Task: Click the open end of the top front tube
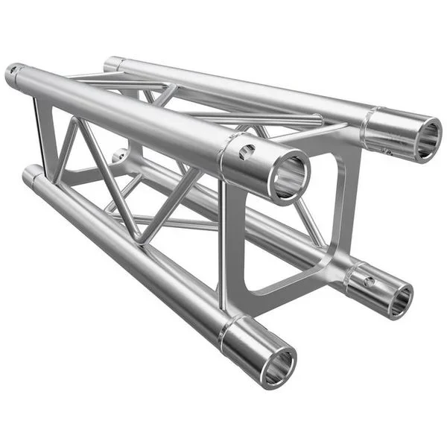pos(289,177)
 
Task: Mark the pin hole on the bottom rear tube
pos(369,282)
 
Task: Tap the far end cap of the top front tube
pos(13,74)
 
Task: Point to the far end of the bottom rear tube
pos(119,156)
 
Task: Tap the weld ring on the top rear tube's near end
pos(370,123)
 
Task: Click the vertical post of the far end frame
pos(39,134)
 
